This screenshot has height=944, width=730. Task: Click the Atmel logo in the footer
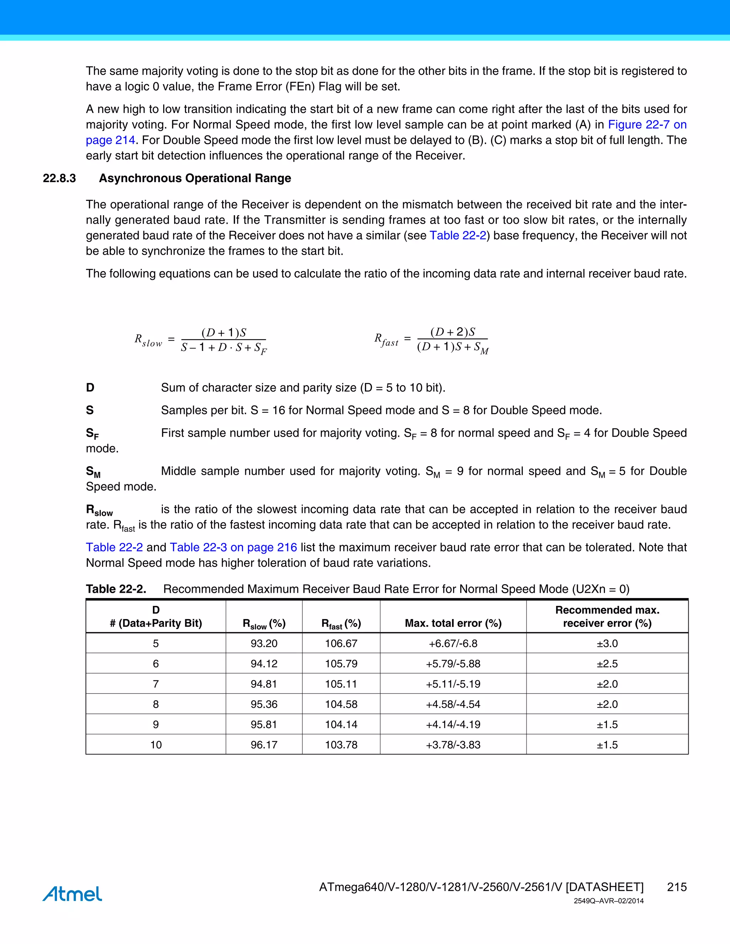(x=72, y=893)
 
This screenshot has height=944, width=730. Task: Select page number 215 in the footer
(x=677, y=887)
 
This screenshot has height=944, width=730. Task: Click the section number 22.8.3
(x=59, y=178)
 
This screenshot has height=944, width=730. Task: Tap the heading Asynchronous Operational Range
(x=195, y=178)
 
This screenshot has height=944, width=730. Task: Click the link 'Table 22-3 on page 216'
(x=233, y=547)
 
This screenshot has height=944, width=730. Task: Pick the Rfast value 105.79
(x=341, y=664)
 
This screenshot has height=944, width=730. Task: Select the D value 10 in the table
(x=156, y=745)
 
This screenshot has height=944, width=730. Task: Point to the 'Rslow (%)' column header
(x=264, y=623)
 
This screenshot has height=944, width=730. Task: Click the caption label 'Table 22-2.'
(x=116, y=589)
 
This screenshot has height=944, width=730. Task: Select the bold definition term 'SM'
(x=93, y=472)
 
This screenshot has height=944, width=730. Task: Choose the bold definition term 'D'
(x=90, y=387)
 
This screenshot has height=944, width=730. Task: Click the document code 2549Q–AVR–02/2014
(x=608, y=901)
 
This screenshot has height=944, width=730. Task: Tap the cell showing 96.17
(x=264, y=745)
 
